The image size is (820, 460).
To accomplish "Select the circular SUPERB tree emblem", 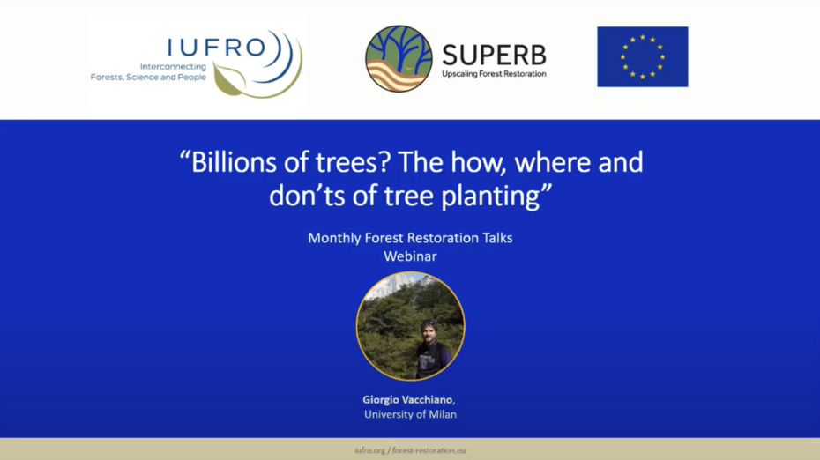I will (399, 59).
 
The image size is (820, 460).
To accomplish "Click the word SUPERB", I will (493, 54).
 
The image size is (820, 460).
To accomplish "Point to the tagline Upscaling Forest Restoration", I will (494, 74).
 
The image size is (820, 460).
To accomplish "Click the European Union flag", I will (642, 56).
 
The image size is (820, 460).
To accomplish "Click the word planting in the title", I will (498, 196).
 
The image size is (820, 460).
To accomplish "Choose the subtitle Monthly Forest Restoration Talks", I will (410, 238).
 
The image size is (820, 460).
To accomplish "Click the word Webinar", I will (410, 256).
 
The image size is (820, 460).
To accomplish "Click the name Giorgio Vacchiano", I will (408, 399).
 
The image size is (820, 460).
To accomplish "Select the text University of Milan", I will (410, 414).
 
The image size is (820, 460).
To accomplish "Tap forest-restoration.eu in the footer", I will (432, 450).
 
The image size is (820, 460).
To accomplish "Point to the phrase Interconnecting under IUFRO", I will (173, 66).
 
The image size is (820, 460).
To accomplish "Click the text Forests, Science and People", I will (148, 78).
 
